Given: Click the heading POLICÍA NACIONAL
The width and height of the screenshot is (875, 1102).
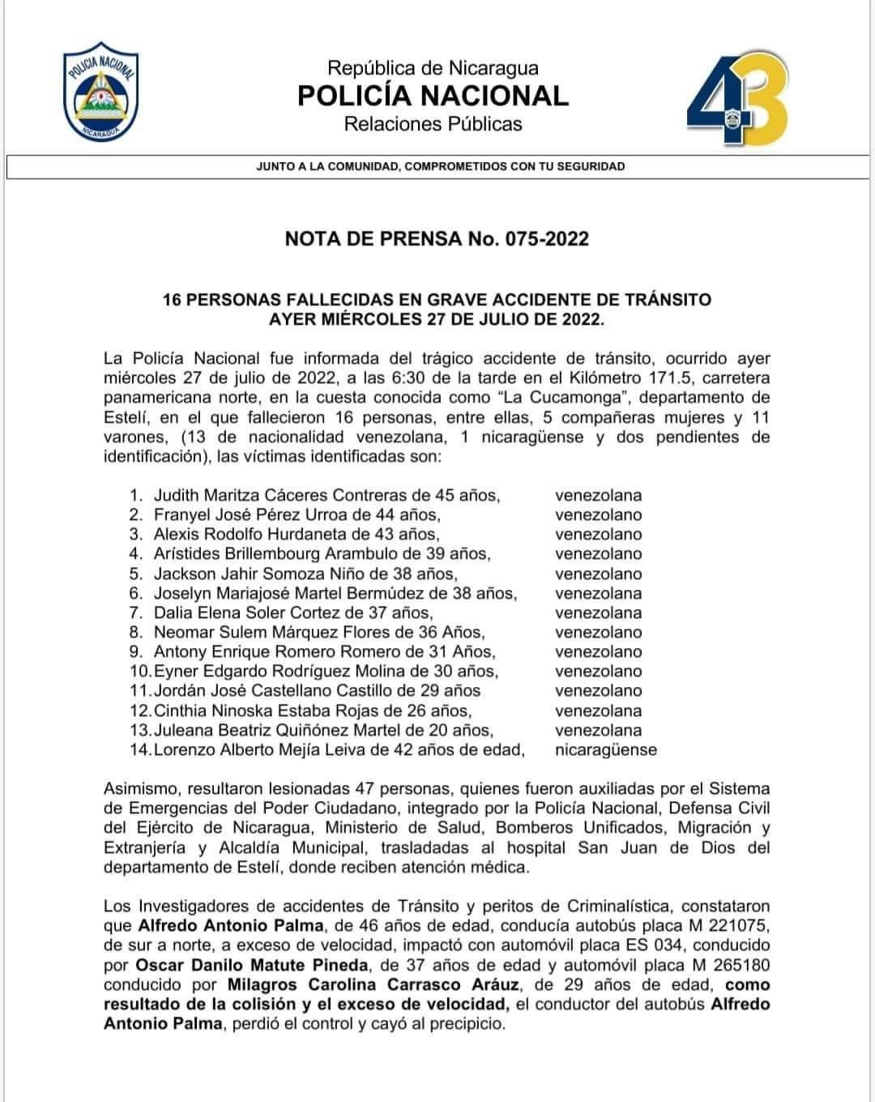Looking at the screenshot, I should pos(433,96).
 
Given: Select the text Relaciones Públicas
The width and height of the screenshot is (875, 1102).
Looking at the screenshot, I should pos(433,125).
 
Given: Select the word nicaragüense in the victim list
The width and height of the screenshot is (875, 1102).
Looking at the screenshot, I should pos(605,750).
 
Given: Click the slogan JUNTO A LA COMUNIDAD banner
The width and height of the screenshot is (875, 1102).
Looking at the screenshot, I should pos(440,167).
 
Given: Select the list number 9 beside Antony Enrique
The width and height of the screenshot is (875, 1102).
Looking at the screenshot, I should pos(136,651).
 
